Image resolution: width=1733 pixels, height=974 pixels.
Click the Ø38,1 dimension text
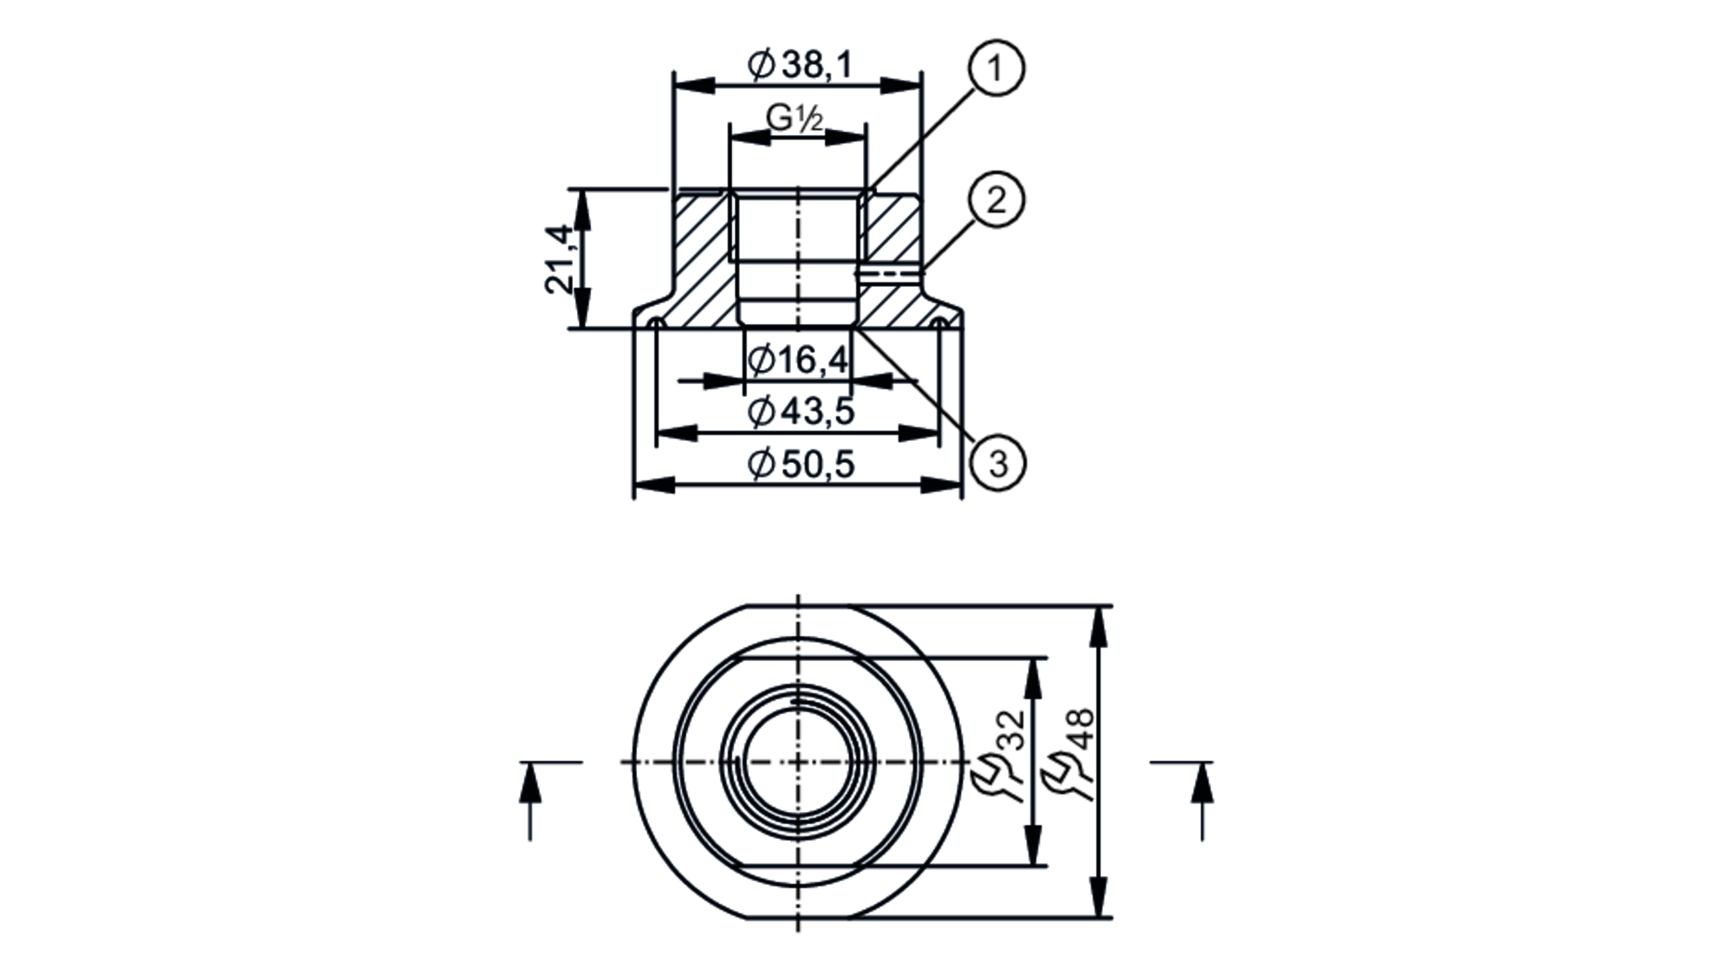click(799, 65)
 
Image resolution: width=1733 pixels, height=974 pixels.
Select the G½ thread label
click(794, 118)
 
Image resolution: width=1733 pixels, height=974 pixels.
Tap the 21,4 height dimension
click(560, 259)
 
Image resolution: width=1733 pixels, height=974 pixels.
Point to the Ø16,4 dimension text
click(798, 360)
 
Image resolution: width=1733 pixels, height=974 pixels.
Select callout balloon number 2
click(996, 200)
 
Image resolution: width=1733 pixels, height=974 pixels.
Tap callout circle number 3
click(998, 464)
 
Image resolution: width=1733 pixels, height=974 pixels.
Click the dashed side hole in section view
click(891, 274)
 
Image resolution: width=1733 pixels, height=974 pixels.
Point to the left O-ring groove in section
click(657, 323)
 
